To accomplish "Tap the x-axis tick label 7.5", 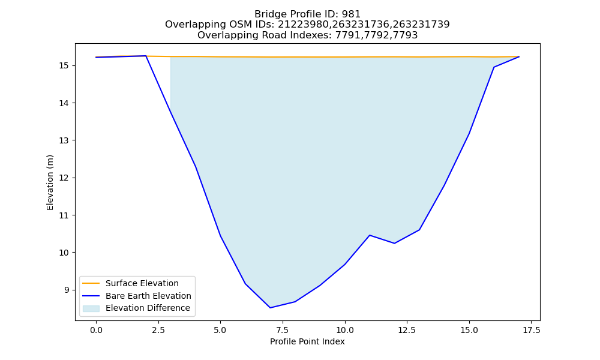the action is pyautogui.click(x=283, y=330).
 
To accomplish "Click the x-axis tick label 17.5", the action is pyautogui.click(x=532, y=330).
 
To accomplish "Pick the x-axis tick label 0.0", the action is pyautogui.click(x=96, y=330).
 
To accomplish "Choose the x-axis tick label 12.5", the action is pyautogui.click(x=407, y=330).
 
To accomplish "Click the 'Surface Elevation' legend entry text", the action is pyautogui.click(x=142, y=283).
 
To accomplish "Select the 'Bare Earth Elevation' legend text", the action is pyautogui.click(x=148, y=296).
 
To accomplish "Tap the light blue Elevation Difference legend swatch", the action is pyautogui.click(x=91, y=308).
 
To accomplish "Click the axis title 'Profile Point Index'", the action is pyautogui.click(x=307, y=341).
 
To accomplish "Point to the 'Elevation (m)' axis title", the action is pyautogui.click(x=50, y=182).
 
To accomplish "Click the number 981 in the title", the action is pyautogui.click(x=351, y=14).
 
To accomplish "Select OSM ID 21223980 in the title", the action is pyautogui.click(x=304, y=25).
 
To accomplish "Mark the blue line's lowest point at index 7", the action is pyautogui.click(x=270, y=308).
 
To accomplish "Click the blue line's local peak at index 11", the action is pyautogui.click(x=370, y=235).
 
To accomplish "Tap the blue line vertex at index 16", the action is pyautogui.click(x=494, y=67).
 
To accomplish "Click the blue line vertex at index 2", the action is pyautogui.click(x=146, y=56).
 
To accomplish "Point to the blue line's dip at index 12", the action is pyautogui.click(x=395, y=244).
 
